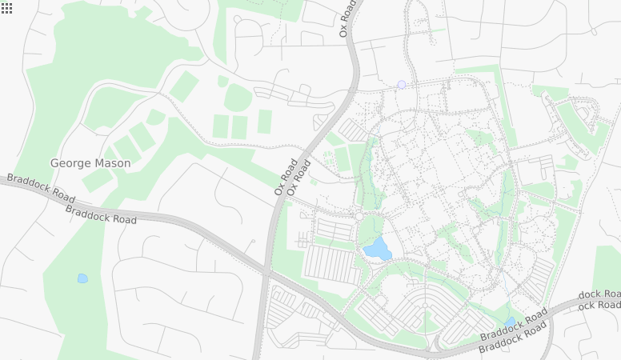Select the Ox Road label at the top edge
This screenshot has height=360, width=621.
coord(347,18)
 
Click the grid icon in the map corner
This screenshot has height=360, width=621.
coord(6,7)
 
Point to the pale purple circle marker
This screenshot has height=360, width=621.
coord(402,84)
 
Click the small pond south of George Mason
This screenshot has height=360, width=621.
coord(82,278)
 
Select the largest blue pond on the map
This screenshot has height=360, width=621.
coord(377,249)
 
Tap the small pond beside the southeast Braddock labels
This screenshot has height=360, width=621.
coord(510,322)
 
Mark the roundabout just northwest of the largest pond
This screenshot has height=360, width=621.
coord(360,216)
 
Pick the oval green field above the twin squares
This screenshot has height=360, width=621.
coord(237,98)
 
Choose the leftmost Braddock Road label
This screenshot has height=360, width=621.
coord(41,188)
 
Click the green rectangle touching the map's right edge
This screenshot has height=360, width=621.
coord(607,269)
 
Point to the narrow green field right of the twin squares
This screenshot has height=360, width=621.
coord(264,122)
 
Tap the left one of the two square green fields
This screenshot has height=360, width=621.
coord(221,126)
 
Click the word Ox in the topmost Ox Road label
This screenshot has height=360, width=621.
coord(344,30)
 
